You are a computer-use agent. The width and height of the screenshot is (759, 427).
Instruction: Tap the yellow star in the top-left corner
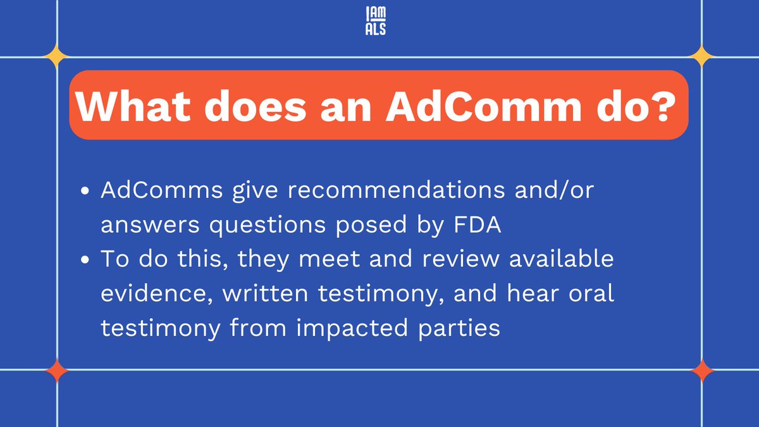click(x=58, y=57)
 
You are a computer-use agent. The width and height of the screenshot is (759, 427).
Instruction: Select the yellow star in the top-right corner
click(x=702, y=57)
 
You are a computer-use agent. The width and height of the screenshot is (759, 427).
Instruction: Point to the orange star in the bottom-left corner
click(x=58, y=370)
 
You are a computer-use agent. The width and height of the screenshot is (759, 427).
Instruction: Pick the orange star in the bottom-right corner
click(x=702, y=370)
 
